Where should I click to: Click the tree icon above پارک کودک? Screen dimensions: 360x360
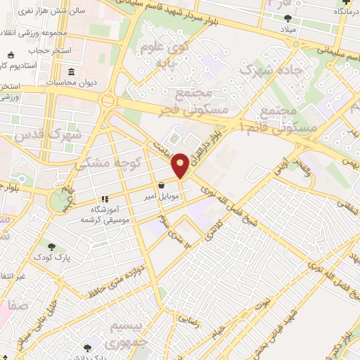[x=52, y=246]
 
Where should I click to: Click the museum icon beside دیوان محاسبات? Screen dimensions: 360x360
[x=73, y=72]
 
